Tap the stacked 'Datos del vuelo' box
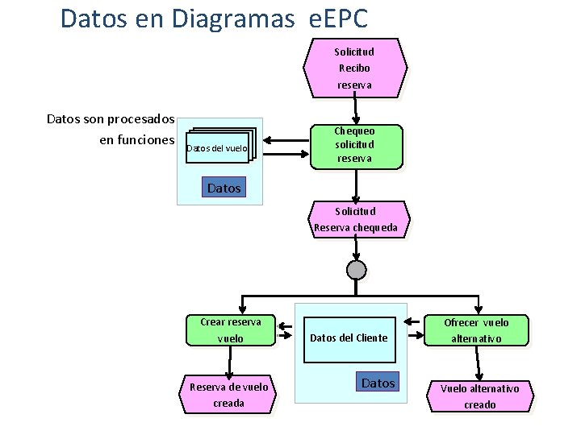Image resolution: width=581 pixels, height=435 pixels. coord(219,147)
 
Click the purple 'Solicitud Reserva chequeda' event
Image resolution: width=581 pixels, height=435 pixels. coord(356,219)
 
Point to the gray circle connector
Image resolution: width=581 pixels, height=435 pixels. coord(356,269)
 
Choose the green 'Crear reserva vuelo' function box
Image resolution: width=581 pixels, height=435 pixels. coord(230,330)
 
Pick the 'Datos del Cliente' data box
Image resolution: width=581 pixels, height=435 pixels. coord(349,338)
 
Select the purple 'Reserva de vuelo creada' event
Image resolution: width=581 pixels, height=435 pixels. coord(228,395)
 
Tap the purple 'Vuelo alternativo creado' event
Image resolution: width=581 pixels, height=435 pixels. coord(479,396)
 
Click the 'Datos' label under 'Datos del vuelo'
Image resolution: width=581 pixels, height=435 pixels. coord(224,188)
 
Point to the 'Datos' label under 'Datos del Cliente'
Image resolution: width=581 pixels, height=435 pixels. coord(378,383)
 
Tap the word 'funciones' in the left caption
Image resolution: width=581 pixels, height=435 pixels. coord(147,140)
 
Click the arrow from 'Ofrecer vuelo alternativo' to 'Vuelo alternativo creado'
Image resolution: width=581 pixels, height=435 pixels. coord(479,363)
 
